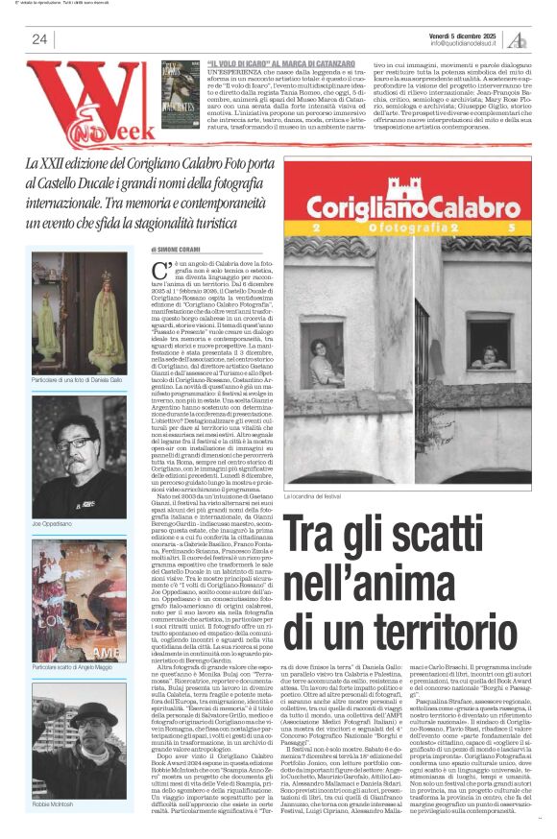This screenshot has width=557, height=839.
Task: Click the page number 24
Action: tap(38, 39)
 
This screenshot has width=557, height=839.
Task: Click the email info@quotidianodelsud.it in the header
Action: tap(467, 42)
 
